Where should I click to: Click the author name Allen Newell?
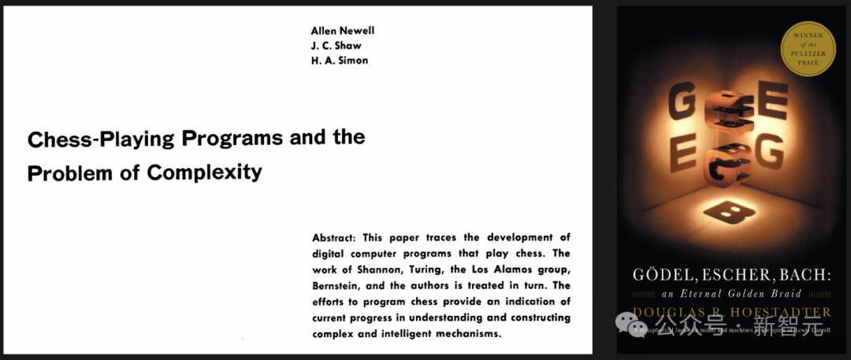pos(343,31)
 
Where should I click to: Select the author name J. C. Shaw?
pos(336,46)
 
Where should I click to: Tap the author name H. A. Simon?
pos(340,61)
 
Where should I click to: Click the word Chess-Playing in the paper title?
pos(101,139)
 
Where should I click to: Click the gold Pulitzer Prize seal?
pos(806,48)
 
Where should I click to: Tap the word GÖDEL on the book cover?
pos(663,276)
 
